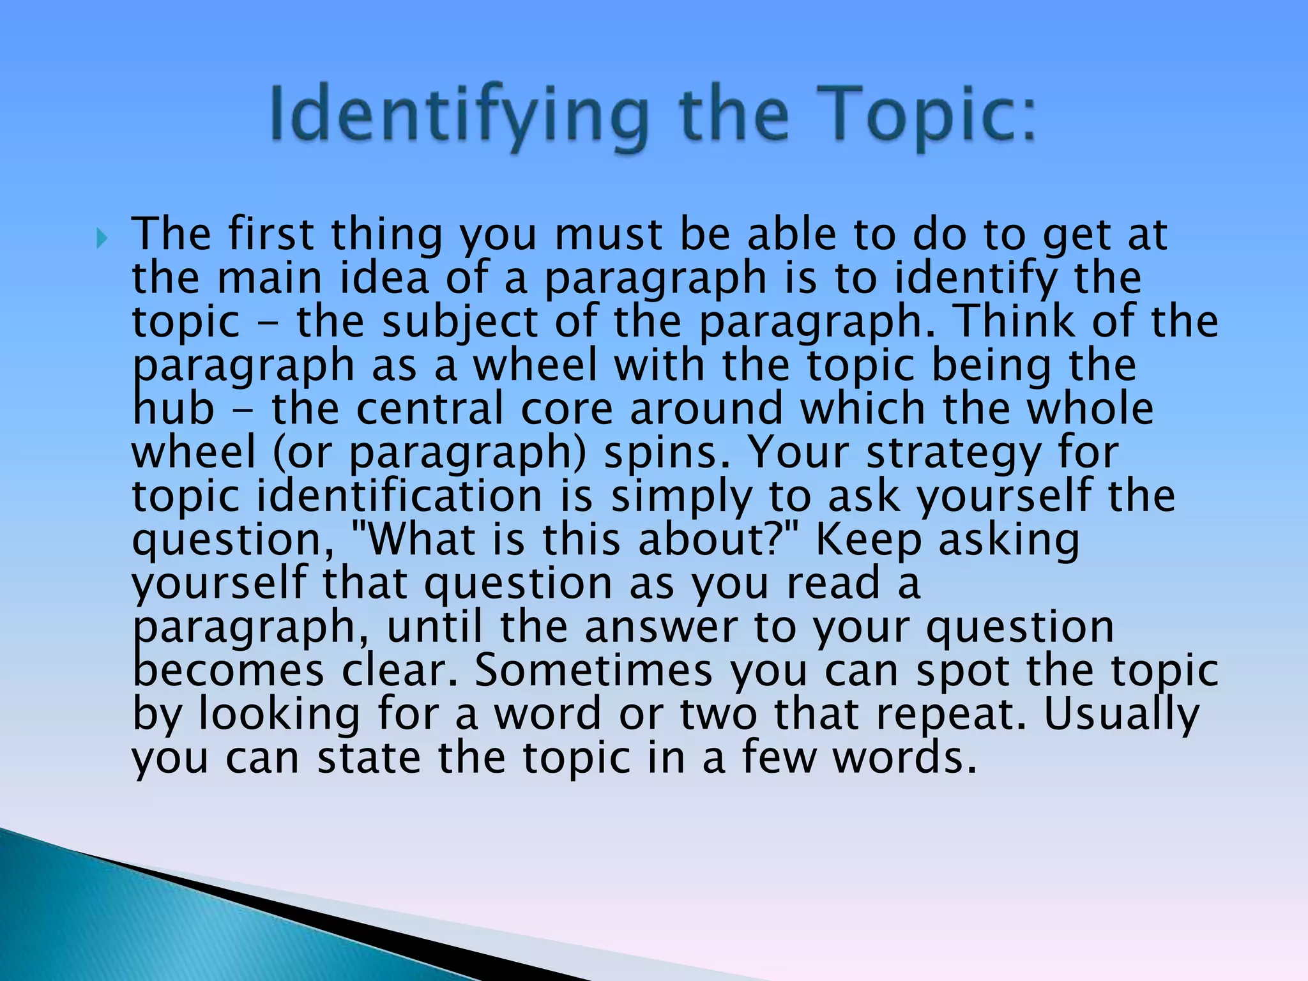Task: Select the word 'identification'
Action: [x=399, y=496]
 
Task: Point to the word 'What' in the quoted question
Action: [x=422, y=540]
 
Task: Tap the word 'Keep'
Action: [x=869, y=541]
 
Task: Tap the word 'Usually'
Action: [x=1122, y=715]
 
